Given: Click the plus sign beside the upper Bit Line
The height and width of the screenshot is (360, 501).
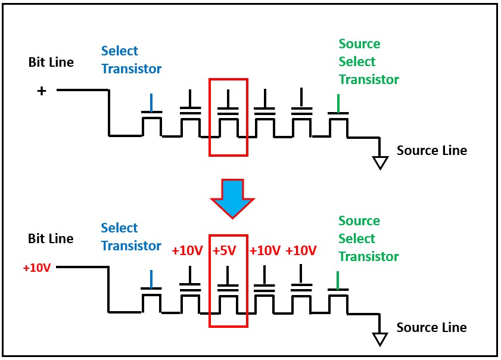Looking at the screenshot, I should (x=42, y=91).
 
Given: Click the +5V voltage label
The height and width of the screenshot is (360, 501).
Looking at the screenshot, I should (x=225, y=250).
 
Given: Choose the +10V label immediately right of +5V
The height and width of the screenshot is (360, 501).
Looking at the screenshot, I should (x=264, y=250).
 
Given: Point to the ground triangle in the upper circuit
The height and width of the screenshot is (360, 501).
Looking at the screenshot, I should (x=379, y=162).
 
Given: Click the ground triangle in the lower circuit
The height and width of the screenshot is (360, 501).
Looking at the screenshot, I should (x=379, y=339).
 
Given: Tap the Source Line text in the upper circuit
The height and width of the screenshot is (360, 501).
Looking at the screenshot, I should (x=432, y=150).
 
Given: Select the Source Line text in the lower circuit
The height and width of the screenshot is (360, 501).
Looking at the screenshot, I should (x=431, y=327).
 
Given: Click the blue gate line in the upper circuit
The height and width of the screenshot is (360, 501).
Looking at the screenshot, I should (x=152, y=102).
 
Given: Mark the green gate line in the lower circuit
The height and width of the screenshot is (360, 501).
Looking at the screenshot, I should (x=338, y=280).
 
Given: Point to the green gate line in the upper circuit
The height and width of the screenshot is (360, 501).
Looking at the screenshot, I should (x=338, y=103).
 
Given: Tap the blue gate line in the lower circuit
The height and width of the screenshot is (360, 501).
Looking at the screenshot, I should (x=152, y=280).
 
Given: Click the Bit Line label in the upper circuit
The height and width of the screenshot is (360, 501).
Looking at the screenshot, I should (x=51, y=62).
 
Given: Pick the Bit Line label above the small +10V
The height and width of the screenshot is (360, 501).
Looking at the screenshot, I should (x=51, y=238).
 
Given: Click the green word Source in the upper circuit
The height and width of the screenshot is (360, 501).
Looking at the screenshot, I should (x=359, y=44).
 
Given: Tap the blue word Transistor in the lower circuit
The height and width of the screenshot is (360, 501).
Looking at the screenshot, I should (x=131, y=246).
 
